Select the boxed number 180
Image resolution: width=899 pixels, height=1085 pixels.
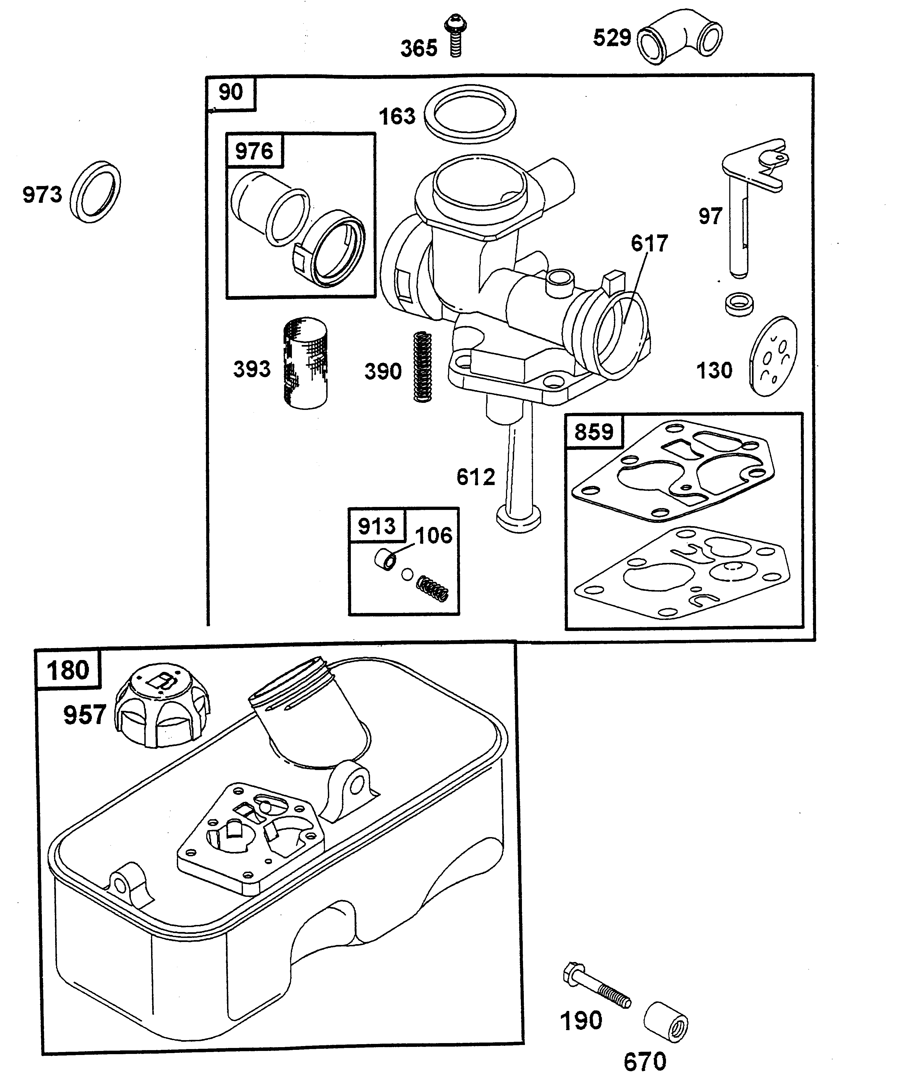tap(68, 670)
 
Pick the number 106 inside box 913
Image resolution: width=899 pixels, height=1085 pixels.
tap(434, 535)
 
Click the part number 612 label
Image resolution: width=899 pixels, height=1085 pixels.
tap(475, 477)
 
